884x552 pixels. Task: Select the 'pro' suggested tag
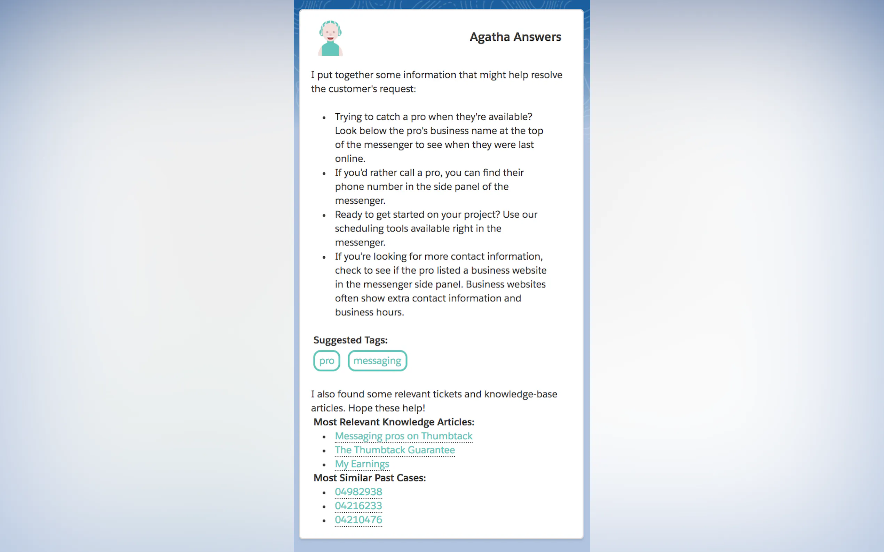(x=327, y=361)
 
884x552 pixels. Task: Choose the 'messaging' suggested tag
(x=377, y=361)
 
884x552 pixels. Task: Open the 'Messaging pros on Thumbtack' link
(x=403, y=436)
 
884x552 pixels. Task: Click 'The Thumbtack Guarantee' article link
(x=395, y=450)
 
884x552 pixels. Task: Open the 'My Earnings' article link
(x=362, y=464)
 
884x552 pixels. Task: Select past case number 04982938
(x=358, y=492)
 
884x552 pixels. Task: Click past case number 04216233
(x=358, y=506)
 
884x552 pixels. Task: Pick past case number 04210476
(x=358, y=520)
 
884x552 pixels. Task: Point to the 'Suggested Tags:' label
(x=350, y=340)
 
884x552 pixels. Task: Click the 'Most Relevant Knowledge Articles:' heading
(x=394, y=422)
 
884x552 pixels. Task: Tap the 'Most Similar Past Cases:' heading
(x=370, y=478)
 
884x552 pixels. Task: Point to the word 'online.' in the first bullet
(x=350, y=159)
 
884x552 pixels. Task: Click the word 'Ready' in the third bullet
(x=348, y=215)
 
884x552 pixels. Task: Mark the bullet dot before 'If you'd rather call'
(x=324, y=173)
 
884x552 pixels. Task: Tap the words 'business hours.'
(x=369, y=312)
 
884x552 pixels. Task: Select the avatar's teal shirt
(x=330, y=49)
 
